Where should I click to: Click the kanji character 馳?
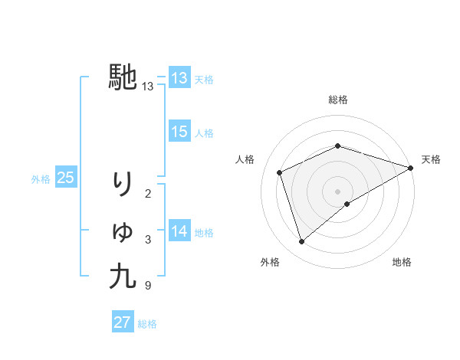123,77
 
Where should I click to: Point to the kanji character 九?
123,276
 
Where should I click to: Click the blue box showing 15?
179,132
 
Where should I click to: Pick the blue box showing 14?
179,231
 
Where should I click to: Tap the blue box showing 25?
66,178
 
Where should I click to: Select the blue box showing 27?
123,322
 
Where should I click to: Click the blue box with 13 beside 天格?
179,77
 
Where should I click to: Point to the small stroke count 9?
147,286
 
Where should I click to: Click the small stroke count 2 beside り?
147,194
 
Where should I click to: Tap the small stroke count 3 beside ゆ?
147,241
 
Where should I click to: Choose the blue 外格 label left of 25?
41,179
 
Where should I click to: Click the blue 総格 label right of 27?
147,324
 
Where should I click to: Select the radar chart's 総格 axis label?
338,100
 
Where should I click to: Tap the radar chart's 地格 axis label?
402,263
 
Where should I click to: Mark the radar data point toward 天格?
411,168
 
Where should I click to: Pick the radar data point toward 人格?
280,172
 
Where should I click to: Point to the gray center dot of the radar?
338,191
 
